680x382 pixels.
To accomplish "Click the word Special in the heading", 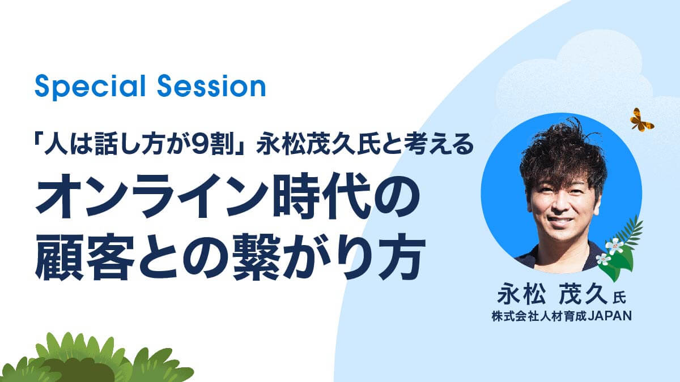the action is point(90,87).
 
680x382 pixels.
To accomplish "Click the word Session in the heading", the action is point(211,87).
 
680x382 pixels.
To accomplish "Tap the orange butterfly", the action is point(641,120).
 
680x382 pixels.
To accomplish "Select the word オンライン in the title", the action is point(152,196).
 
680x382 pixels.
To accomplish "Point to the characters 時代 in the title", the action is point(322,196).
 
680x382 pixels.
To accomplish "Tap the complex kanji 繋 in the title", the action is point(257,256).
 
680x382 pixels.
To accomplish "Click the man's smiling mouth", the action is point(560,220).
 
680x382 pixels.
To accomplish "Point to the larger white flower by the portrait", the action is point(614,246).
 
